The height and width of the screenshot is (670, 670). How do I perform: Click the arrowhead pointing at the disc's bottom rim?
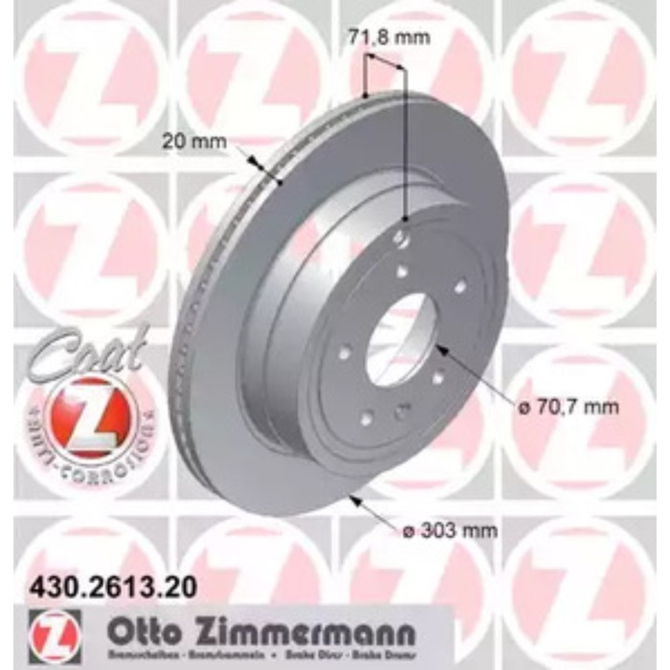click(354, 499)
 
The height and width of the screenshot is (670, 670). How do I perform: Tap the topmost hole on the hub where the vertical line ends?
click(403, 236)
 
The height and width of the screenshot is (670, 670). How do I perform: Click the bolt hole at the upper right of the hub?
click(459, 284)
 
